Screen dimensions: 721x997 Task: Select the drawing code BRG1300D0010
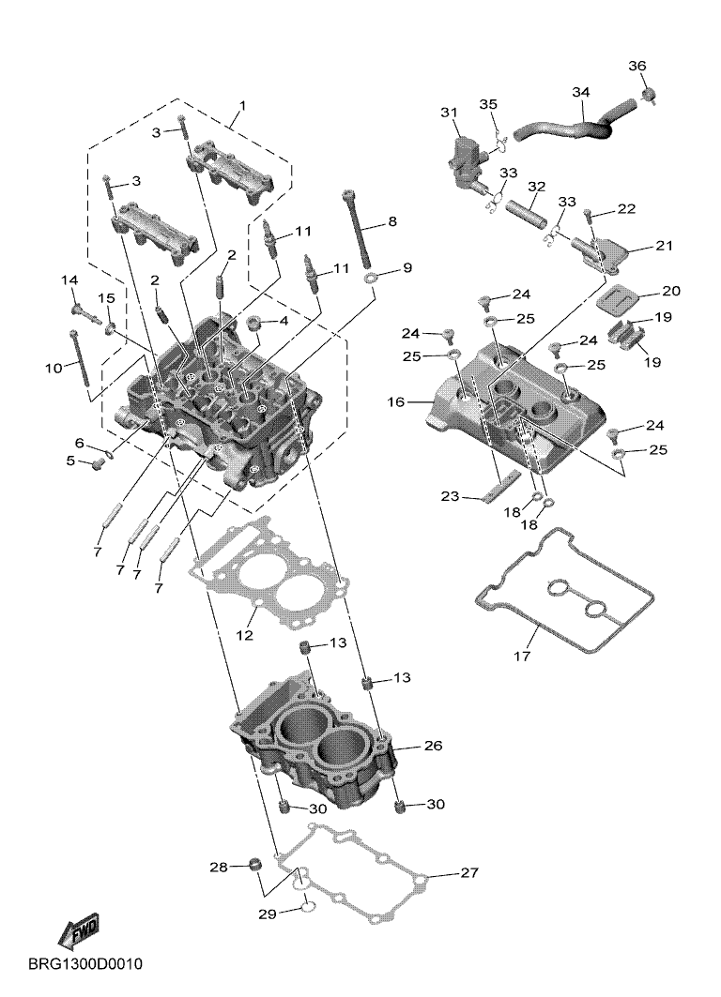85,964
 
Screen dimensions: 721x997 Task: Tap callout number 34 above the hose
580,92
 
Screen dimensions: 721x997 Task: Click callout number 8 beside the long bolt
392,221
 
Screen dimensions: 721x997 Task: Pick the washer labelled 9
371,278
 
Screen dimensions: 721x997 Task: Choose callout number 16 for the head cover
396,401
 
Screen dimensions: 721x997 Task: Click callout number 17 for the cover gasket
521,656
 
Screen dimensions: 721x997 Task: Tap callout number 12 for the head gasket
245,635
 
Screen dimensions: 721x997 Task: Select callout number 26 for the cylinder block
433,746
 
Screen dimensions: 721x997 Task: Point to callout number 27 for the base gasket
469,872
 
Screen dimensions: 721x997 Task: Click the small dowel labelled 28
255,866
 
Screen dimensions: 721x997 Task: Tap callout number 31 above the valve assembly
450,113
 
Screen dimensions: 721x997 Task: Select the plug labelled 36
650,96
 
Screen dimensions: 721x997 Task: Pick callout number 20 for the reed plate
670,291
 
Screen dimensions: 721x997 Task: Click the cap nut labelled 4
254,323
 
